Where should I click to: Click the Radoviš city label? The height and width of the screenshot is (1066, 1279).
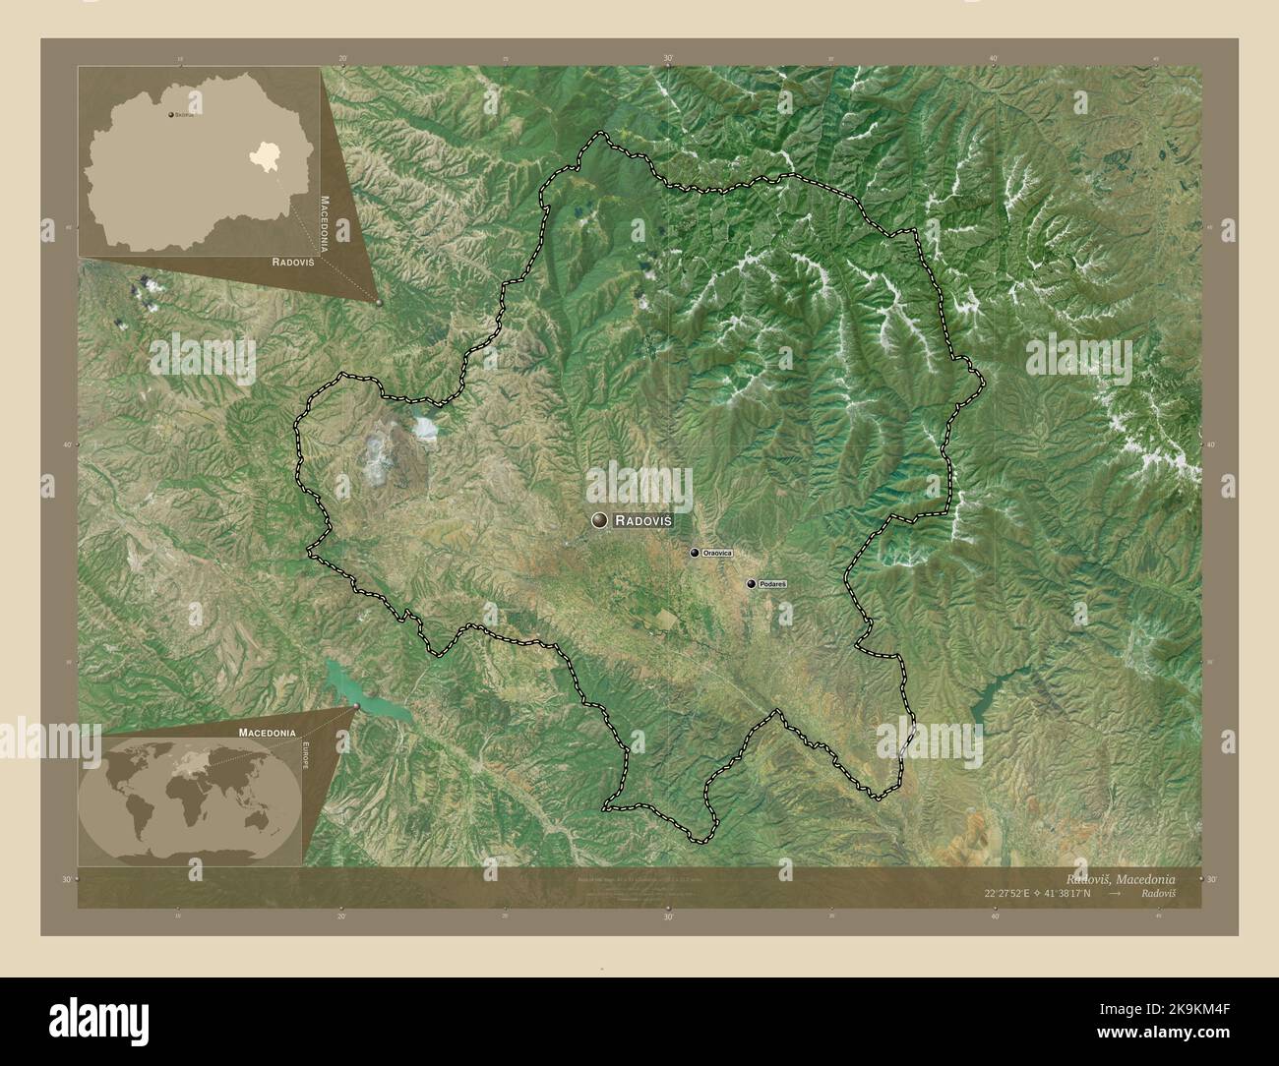(x=643, y=520)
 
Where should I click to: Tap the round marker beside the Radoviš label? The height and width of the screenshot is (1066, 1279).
(x=598, y=520)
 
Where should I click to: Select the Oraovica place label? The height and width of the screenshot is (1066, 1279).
(x=724, y=554)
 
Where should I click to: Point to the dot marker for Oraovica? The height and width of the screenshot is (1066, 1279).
(x=695, y=554)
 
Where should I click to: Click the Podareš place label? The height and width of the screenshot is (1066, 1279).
(x=773, y=584)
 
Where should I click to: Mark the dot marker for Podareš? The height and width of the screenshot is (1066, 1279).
(x=752, y=584)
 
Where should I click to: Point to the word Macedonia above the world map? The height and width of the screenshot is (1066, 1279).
(x=267, y=733)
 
